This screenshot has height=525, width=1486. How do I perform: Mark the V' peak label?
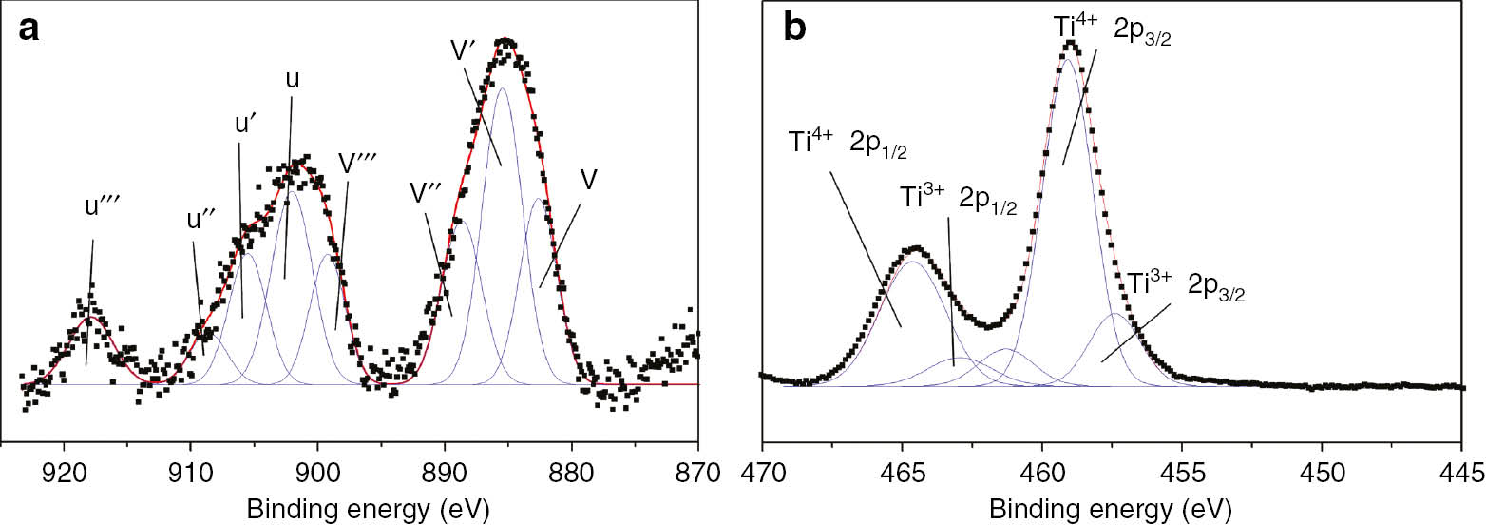click(x=466, y=49)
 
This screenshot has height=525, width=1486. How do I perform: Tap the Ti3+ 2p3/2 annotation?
click(x=1186, y=284)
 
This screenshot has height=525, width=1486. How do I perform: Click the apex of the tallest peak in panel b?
click(x=1071, y=42)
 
